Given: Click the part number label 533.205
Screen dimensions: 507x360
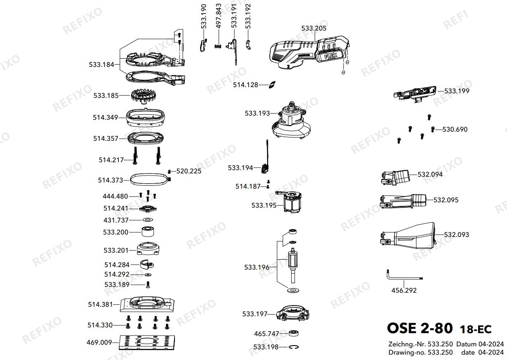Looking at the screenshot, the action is [x=314, y=28].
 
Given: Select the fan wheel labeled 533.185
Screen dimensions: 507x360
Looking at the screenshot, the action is [x=144, y=96].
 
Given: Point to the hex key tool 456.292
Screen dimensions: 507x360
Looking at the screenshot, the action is [x=403, y=277].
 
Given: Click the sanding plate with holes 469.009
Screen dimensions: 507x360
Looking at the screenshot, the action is [x=147, y=342].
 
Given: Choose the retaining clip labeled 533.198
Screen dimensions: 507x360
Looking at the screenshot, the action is [x=294, y=347].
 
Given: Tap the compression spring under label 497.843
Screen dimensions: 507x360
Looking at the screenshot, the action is [x=218, y=46].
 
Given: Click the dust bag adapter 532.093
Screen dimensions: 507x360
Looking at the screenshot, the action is [x=408, y=236].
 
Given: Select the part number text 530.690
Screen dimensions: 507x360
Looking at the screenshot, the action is [x=455, y=129].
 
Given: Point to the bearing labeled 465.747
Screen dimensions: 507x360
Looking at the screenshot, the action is [x=294, y=333].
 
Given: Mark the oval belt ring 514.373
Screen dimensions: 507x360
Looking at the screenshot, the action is [x=150, y=180].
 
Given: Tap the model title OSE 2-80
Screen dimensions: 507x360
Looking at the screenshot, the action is [x=420, y=328].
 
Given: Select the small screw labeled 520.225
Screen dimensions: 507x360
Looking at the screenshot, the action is [x=169, y=171].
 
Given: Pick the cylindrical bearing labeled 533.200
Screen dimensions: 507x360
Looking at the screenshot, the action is [x=148, y=231].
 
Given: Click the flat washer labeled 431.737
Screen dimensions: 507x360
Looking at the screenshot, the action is [x=148, y=220].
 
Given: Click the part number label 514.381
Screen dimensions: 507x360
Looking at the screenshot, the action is [x=100, y=304].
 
